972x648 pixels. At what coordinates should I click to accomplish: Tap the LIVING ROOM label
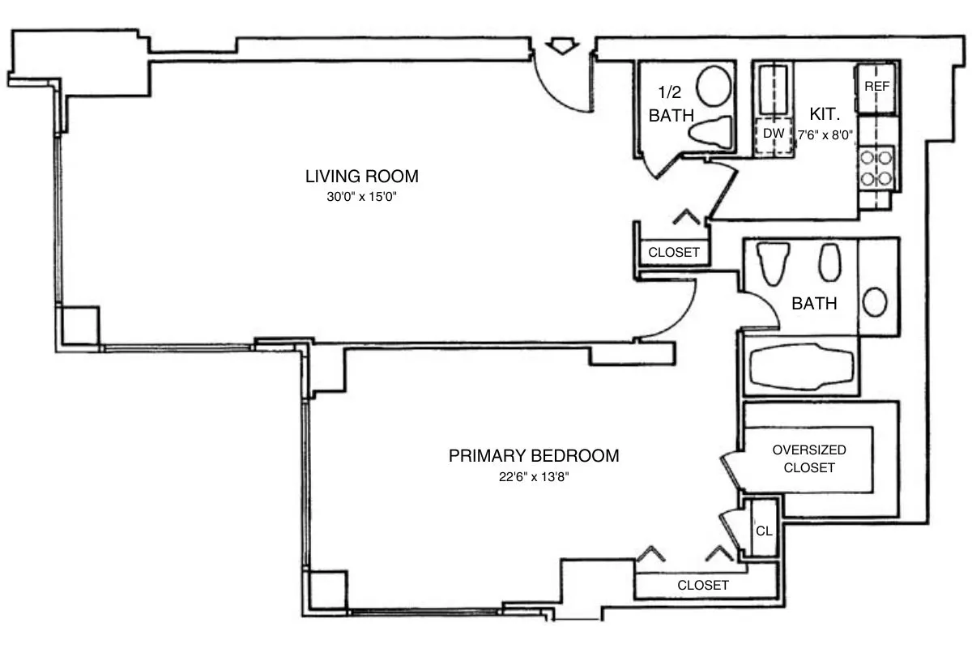point(361,176)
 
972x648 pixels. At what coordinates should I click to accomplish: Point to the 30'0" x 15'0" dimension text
point(361,196)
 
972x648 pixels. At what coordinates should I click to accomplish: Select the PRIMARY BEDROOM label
point(534,456)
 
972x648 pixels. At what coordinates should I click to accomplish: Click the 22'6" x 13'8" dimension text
point(534,476)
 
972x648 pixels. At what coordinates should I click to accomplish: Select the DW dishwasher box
point(774,133)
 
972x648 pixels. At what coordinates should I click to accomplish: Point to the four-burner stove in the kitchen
point(876,167)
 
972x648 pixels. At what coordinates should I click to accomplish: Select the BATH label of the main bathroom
point(814,305)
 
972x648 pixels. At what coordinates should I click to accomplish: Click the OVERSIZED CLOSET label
point(809,458)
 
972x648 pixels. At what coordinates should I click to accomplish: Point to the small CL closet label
point(763,532)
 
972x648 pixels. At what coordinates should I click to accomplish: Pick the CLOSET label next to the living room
point(674,252)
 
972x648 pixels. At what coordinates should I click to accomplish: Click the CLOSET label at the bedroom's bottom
point(703,585)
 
